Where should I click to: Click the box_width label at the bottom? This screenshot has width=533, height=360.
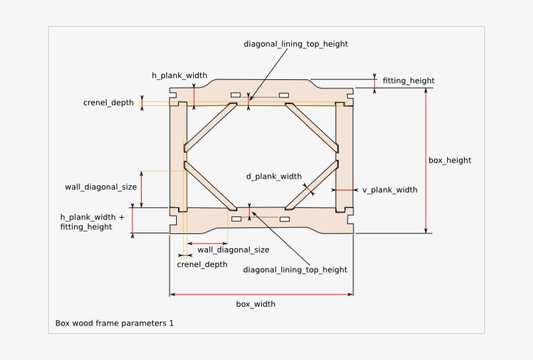pyautogui.click(x=255, y=304)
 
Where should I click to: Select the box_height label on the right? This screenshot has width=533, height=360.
pyautogui.click(x=450, y=160)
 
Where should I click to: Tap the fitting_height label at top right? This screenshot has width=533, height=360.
pyautogui.click(x=409, y=81)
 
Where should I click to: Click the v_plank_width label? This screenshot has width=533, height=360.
pyautogui.click(x=390, y=190)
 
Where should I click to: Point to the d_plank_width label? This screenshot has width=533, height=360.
pyautogui.click(x=274, y=175)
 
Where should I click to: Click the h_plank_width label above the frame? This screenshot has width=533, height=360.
pyautogui.click(x=179, y=75)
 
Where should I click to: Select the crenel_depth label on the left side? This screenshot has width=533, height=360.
pyautogui.click(x=109, y=103)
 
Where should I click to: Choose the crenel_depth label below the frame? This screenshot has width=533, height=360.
pyautogui.click(x=202, y=264)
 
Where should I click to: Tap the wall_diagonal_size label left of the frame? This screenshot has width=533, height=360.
pyautogui.click(x=101, y=187)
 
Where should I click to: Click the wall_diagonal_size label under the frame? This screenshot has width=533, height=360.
pyautogui.click(x=233, y=250)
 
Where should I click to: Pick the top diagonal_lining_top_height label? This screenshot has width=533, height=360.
pyautogui.click(x=296, y=44)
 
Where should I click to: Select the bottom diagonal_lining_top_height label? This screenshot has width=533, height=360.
pyautogui.click(x=295, y=270)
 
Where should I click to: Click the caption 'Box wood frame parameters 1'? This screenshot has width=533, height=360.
pyautogui.click(x=114, y=322)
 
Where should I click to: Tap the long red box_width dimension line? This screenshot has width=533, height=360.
pyautogui.click(x=261, y=295)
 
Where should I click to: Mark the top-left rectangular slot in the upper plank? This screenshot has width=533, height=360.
pyautogui.click(x=235, y=96)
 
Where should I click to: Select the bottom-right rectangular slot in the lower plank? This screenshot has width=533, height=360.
pyautogui.click(x=284, y=220)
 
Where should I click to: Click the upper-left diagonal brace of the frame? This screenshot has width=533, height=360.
pyautogui.click(x=210, y=125)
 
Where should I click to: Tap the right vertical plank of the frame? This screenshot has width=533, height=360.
pyautogui.click(x=343, y=156)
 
